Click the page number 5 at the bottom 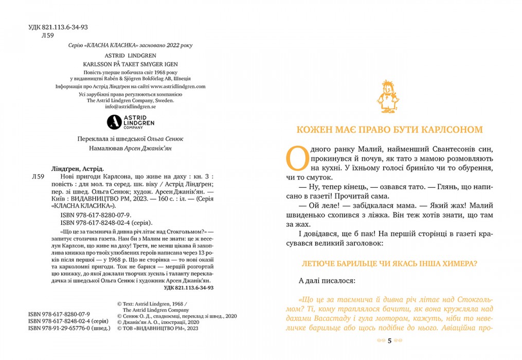click(389, 340)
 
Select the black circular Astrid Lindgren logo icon click(114, 122)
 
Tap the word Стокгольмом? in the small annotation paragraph click(176, 232)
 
